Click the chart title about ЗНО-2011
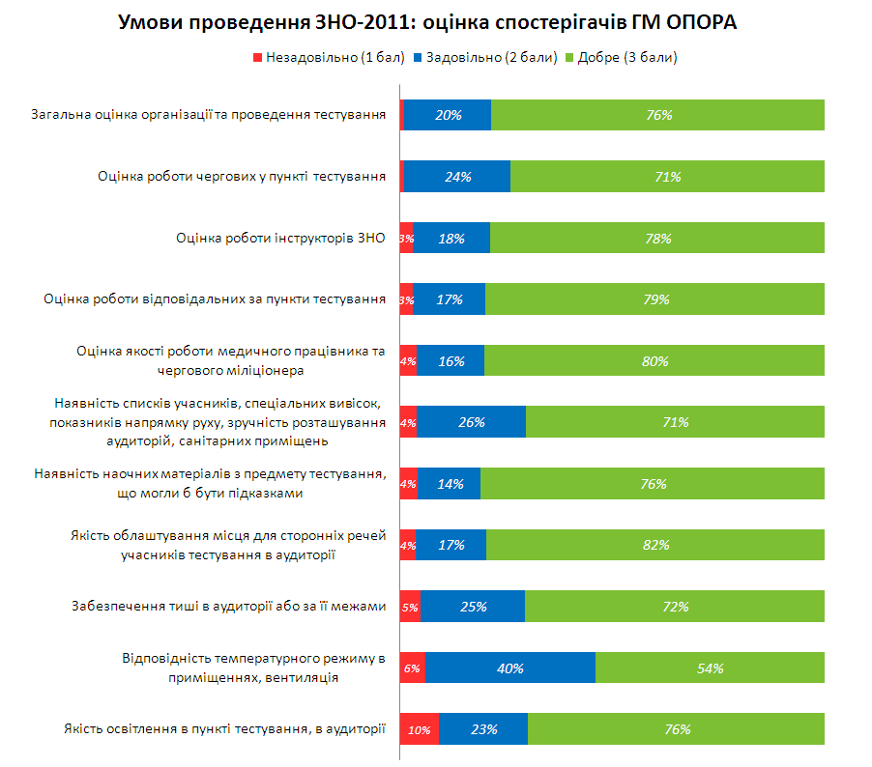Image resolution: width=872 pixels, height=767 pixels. click(x=427, y=22)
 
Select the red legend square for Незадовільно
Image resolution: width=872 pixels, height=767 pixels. click(x=257, y=58)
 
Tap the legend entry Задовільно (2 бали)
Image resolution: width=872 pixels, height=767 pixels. click(x=485, y=58)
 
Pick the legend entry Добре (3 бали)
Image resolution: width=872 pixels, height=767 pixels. click(x=622, y=58)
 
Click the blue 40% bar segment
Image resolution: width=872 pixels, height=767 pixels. click(x=510, y=668)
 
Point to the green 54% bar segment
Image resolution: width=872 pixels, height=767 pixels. click(x=711, y=668)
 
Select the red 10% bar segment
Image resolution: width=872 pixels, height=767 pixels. click(x=420, y=728)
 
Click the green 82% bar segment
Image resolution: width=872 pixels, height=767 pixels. click(x=655, y=545)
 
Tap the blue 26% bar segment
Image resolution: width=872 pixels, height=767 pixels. click(x=472, y=422)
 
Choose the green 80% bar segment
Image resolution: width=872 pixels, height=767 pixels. click(x=654, y=360)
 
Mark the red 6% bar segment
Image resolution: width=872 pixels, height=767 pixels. click(x=413, y=668)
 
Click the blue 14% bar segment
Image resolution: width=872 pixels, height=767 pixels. click(x=450, y=484)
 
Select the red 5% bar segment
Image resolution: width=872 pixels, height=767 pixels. click(x=411, y=607)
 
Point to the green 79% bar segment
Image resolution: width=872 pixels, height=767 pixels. click(x=655, y=299)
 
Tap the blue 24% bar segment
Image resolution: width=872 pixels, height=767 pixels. click(x=457, y=176)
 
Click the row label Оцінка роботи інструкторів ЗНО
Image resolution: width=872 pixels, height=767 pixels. click(x=281, y=238)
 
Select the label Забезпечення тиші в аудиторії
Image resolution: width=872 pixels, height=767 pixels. click(x=228, y=606)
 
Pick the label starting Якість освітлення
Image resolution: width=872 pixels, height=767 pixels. click(x=224, y=728)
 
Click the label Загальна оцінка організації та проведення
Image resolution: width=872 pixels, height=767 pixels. click(x=209, y=115)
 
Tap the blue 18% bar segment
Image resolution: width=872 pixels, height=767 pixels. click(x=451, y=238)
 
